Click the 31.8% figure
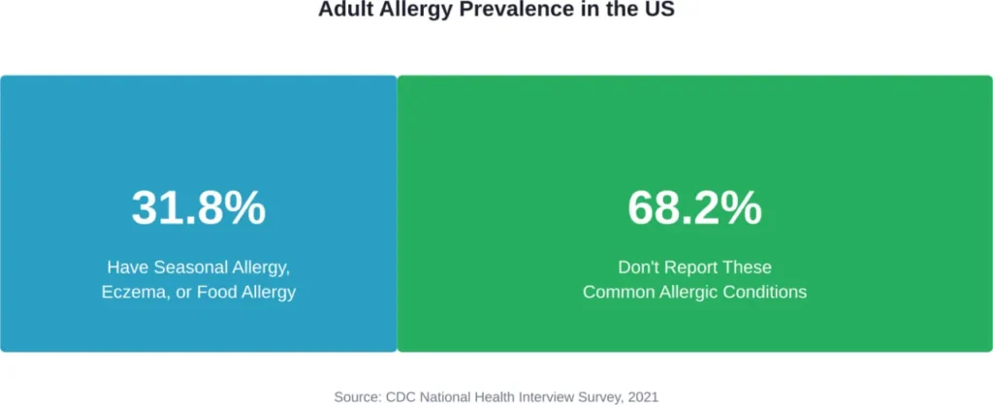[x=199, y=208]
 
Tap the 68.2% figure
[x=694, y=208]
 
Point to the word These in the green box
[x=751, y=266]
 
